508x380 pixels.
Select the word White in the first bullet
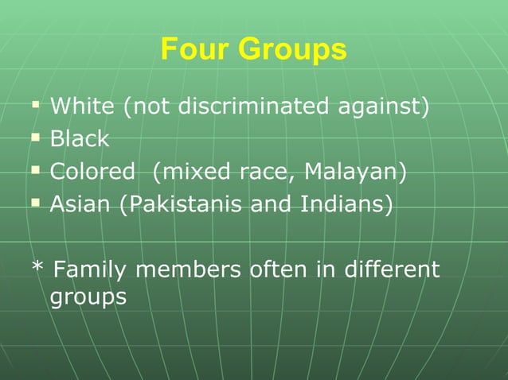click(82, 106)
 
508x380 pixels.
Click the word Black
click(79, 139)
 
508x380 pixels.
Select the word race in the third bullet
click(269, 172)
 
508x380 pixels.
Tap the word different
click(392, 270)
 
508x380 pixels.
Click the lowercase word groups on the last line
click(88, 298)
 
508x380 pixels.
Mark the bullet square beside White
click(35, 105)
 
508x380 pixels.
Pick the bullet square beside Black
click(35, 138)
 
